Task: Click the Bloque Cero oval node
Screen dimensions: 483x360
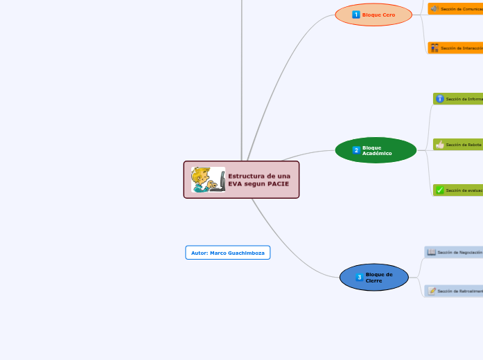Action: (x=374, y=15)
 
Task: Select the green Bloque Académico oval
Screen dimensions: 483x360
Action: (x=376, y=150)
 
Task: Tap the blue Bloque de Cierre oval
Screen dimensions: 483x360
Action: (x=374, y=278)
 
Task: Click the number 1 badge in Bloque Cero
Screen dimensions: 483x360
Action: (x=356, y=15)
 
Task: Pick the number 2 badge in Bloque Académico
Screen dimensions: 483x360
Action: (x=356, y=150)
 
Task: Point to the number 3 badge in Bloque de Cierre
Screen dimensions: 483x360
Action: (x=359, y=278)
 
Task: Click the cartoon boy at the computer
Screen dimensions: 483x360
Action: (x=208, y=180)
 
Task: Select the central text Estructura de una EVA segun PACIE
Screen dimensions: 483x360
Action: (x=259, y=180)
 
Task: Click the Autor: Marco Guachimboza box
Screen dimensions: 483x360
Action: (x=227, y=253)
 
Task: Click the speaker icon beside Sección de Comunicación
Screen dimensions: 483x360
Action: (x=434, y=8)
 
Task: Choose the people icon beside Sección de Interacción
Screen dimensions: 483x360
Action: (x=434, y=48)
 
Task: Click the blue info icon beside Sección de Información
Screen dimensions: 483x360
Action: (x=440, y=99)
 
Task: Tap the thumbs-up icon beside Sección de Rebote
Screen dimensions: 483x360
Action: (x=440, y=145)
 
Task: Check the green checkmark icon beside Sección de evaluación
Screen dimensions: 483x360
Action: (x=440, y=190)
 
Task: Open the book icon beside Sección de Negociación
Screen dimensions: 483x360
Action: (x=432, y=252)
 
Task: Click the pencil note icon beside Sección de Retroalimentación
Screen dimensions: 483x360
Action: (x=432, y=291)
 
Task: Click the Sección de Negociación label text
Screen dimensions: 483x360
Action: (x=460, y=252)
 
